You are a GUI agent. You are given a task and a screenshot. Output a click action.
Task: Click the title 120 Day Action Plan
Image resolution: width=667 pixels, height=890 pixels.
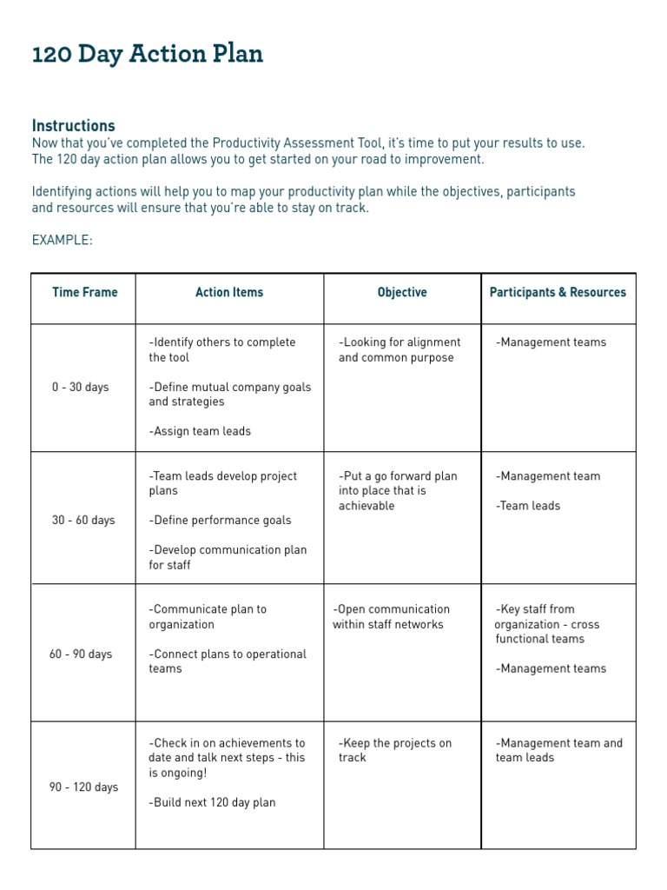pos(148,54)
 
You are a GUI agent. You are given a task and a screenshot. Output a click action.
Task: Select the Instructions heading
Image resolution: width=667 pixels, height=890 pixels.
pos(74,125)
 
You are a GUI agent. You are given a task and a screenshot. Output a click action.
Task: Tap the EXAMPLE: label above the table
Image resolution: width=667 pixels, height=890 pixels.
pos(62,240)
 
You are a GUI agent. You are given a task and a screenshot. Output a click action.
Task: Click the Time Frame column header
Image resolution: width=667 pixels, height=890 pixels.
pos(84,293)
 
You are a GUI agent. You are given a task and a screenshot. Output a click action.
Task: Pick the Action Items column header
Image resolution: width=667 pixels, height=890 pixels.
pos(229,293)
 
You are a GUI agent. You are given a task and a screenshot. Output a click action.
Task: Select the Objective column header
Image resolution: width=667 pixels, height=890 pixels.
pos(402,293)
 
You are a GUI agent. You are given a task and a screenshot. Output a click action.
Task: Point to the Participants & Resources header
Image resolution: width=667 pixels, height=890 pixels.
pos(558,293)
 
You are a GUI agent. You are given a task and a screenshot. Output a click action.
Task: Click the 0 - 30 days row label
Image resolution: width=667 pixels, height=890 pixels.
pos(80,387)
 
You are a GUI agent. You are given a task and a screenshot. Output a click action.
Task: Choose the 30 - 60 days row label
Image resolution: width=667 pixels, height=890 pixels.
pos(83,521)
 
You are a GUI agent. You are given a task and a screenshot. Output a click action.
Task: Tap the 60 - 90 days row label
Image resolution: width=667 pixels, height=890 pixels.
pos(81,654)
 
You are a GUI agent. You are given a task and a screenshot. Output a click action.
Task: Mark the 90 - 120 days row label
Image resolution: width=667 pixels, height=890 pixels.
pos(83,787)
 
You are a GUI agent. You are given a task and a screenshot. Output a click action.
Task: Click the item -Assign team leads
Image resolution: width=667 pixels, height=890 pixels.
pos(200,431)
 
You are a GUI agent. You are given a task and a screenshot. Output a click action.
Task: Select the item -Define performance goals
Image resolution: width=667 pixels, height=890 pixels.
pos(220,521)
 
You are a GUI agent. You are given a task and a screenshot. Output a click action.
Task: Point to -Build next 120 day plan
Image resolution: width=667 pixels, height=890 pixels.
pos(212,802)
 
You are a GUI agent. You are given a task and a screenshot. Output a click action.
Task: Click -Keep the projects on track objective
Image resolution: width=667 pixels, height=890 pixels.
pos(395,750)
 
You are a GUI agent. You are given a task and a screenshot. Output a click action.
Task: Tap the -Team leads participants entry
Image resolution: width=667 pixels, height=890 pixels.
pos(528,506)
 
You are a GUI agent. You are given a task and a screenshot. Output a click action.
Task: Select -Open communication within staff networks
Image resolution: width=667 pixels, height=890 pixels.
pos(391,617)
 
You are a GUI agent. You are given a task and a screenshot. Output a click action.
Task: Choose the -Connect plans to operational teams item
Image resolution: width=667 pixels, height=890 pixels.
pos(228,661)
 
